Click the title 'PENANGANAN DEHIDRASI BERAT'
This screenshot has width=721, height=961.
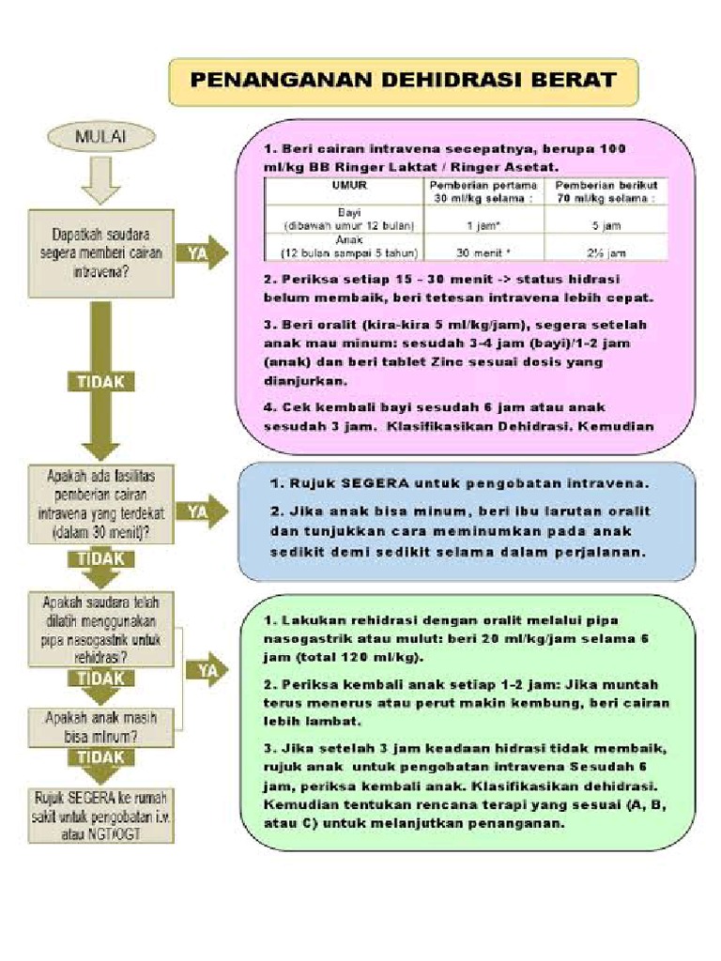point(404,81)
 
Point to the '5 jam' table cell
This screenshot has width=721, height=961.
point(606,226)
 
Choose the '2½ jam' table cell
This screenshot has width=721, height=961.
point(606,252)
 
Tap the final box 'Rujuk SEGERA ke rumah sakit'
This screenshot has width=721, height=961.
point(100,807)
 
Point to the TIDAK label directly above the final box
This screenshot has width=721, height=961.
point(100,756)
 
